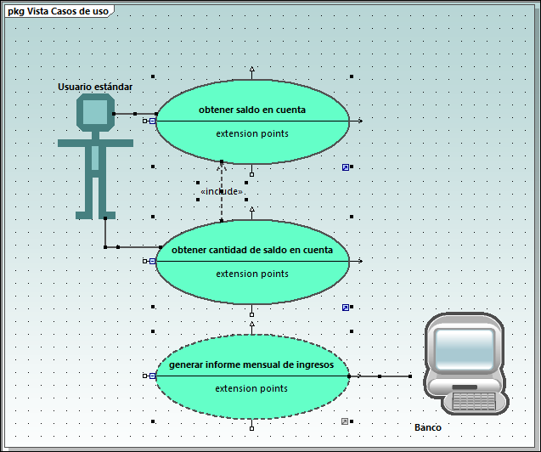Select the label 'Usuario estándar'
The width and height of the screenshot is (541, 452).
(95, 87)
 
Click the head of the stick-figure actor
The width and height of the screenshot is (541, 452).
(95, 111)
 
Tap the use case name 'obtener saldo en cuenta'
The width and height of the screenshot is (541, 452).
(252, 110)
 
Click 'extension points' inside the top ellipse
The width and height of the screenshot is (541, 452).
(252, 133)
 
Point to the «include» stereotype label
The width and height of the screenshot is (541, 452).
(222, 192)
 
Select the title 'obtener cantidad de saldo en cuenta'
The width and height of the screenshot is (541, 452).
(252, 250)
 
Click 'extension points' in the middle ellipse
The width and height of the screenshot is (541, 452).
(252, 274)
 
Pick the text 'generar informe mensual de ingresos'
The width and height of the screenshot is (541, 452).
(252, 364)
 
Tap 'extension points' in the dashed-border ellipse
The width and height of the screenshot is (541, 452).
(252, 388)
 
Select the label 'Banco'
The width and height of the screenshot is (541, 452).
(428, 427)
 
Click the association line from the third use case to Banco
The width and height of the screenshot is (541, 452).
(386, 376)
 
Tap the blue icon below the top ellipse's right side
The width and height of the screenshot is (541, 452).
(346, 167)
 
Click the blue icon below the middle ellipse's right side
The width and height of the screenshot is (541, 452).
(346, 307)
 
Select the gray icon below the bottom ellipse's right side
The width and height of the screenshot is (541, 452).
(345, 421)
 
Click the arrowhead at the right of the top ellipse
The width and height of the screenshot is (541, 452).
(360, 121)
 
